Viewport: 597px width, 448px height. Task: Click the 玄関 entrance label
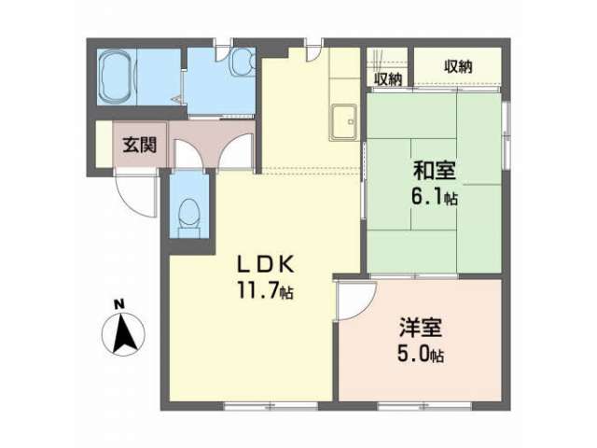(139, 145)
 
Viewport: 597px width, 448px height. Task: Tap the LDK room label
(266, 264)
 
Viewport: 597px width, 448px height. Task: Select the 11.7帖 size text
(265, 290)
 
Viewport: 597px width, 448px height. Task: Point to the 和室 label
(435, 171)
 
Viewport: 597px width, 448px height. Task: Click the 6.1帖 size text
(434, 197)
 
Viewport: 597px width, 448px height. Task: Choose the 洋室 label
(421, 328)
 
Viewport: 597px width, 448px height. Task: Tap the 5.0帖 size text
(421, 355)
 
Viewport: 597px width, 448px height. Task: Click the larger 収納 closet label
(458, 67)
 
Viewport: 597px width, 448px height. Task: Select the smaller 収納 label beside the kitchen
(388, 79)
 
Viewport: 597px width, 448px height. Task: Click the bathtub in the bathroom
(116, 77)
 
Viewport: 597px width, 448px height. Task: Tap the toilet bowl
(189, 214)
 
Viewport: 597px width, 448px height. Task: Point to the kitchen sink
(343, 122)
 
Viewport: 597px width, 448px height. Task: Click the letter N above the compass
(119, 304)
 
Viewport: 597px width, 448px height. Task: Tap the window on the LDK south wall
(271, 406)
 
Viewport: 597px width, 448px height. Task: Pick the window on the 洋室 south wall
(424, 406)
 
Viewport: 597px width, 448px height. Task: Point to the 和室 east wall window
(506, 134)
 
